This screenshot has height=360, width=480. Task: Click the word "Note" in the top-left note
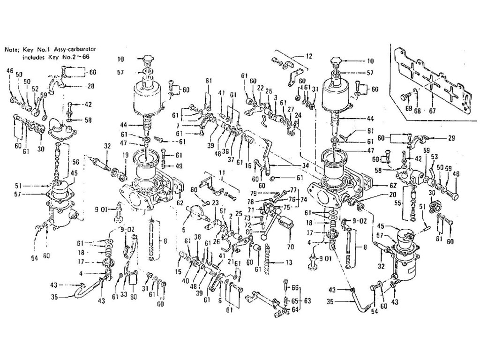[12, 49]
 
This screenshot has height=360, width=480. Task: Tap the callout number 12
[307, 56]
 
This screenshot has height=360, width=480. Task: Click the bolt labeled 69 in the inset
[404, 98]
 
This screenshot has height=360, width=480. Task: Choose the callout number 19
[126, 155]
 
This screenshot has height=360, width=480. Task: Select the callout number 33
[124, 295]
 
